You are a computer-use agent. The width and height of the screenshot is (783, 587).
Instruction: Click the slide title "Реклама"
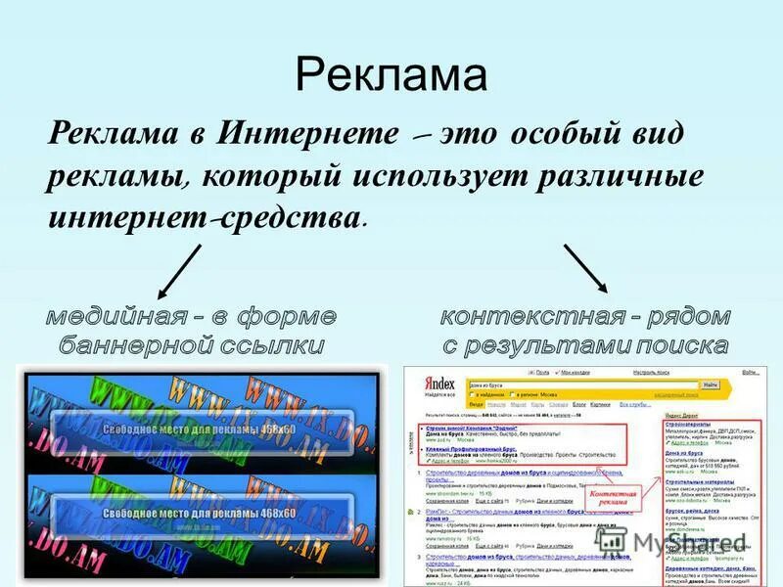[391, 74]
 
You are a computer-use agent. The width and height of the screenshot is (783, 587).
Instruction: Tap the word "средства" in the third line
[288, 219]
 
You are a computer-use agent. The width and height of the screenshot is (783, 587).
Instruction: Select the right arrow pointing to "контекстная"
[585, 267]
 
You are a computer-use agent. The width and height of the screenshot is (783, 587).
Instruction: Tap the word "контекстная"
[532, 317]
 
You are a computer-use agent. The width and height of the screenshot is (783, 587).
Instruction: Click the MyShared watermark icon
[613, 540]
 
